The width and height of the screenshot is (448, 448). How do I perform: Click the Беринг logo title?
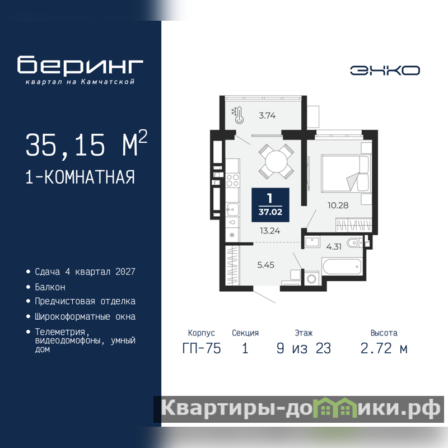point(80,65)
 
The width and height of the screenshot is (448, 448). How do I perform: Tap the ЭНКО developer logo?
point(385,71)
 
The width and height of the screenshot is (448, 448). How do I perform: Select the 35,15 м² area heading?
point(87,144)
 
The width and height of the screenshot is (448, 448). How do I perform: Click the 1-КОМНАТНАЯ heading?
point(80,177)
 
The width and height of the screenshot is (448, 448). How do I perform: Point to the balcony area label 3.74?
point(267,115)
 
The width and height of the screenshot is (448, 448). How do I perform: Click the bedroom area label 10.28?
point(338,205)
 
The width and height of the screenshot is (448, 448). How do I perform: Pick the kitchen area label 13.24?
point(270,231)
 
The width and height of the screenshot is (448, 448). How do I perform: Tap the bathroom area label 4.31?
point(334,246)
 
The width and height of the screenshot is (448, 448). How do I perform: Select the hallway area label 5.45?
point(265,265)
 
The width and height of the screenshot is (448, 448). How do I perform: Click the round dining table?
point(276,162)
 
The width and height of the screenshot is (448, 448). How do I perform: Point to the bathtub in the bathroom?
point(342,267)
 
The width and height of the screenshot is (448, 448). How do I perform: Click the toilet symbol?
point(354,243)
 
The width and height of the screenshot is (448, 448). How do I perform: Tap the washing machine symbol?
point(311,278)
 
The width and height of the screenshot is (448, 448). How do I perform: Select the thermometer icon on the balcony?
point(239,115)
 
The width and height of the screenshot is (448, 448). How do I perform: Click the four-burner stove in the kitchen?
point(232,180)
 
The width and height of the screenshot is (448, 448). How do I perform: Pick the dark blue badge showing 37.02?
point(270,205)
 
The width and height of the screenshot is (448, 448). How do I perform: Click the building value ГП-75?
point(202,348)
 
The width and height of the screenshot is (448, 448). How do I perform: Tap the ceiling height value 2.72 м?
point(384,348)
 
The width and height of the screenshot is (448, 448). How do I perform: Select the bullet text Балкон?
point(50,287)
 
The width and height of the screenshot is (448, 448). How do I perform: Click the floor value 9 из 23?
point(304,348)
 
